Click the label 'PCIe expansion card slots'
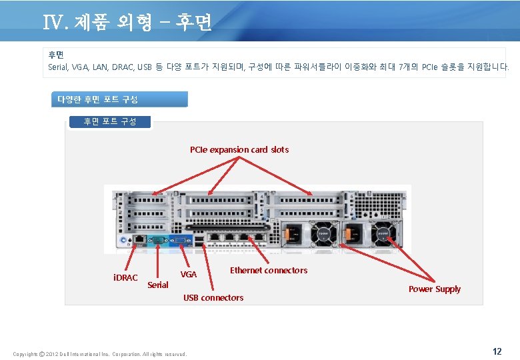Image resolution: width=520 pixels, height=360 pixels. pos(239,149)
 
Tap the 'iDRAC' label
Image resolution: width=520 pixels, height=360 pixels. pos(125,277)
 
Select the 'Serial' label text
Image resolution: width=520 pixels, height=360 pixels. pos(158,285)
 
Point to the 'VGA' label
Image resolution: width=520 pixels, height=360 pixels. pos(189,274)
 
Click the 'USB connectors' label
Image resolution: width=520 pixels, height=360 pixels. pos(213,297)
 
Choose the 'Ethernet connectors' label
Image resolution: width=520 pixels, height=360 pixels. pos(269,270)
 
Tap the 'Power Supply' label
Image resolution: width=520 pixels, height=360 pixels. pos(434,289)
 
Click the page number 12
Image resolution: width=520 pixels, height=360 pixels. pos(497,351)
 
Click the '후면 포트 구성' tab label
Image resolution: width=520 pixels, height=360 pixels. pos(110,121)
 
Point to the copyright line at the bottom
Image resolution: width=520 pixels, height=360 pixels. pos(100,353)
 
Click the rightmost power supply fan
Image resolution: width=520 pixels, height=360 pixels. pos(385,233)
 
